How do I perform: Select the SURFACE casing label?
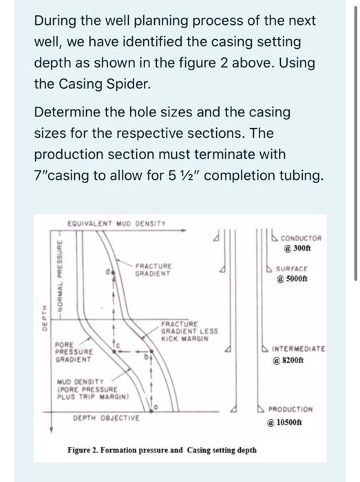point(291,269)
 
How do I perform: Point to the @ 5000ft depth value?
point(292,279)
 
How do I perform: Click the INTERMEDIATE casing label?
point(298,349)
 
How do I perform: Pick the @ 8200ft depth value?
point(288,360)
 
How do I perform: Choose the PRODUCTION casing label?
point(290,410)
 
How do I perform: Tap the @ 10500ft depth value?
point(285,422)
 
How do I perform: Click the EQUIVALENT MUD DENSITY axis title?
point(116,224)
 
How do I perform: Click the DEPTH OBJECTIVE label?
point(106,418)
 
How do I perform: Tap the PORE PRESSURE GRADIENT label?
point(74,352)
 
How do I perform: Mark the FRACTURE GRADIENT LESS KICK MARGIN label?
point(189,331)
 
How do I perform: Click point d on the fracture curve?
point(114,273)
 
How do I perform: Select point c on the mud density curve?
point(114,351)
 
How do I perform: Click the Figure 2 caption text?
point(162,450)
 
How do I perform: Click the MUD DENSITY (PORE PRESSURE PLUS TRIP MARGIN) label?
point(92,389)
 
